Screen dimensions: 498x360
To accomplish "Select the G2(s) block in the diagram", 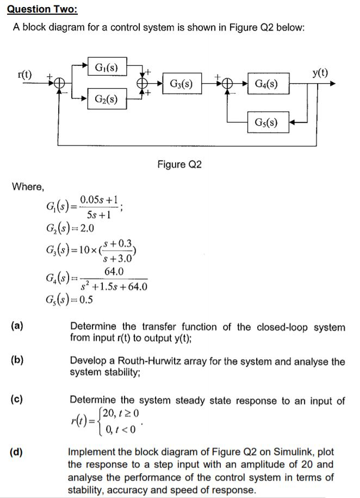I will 107,99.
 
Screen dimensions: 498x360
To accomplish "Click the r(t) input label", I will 24,74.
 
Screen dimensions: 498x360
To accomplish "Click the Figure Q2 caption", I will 179,164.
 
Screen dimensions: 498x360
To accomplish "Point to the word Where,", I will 28,187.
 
